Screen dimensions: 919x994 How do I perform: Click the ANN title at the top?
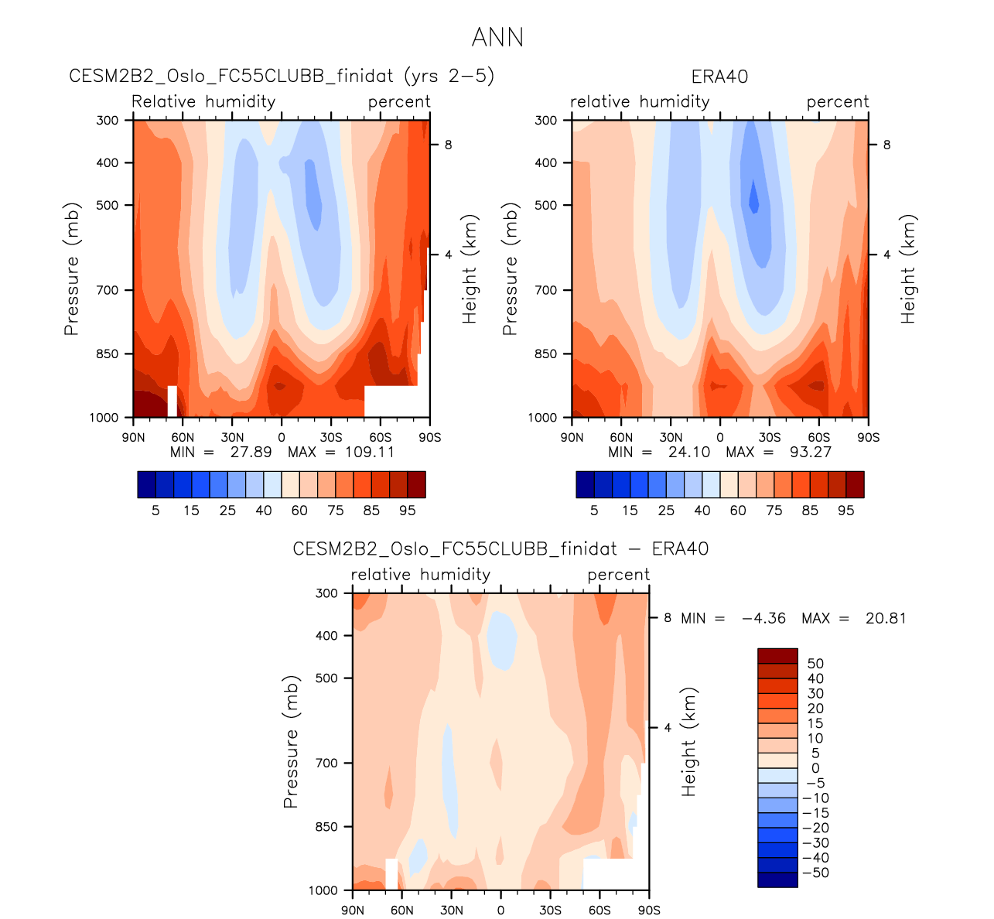tap(497, 37)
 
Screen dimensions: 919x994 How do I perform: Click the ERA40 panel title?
tap(719, 77)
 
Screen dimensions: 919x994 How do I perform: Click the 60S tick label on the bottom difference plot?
tap(599, 910)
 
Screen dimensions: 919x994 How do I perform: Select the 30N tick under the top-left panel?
tap(231, 437)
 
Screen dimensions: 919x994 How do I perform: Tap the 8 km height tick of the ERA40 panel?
tap(886, 145)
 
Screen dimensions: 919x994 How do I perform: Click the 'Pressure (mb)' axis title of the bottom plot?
tap(291, 742)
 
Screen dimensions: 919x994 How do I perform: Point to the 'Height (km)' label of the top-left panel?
tap(470, 268)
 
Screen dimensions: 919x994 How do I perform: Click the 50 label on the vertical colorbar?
tap(815, 664)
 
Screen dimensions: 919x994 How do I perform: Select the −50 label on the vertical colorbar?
tap(815, 873)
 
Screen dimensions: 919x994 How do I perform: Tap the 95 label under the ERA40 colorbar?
tap(846, 511)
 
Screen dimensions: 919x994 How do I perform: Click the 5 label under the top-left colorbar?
tap(155, 511)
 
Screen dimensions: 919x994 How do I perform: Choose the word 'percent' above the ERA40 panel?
tap(838, 102)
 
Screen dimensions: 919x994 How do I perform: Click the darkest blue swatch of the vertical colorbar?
tap(777, 880)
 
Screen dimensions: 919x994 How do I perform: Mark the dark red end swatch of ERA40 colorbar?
tap(855, 484)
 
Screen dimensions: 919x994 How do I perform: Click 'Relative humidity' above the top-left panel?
tap(203, 102)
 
